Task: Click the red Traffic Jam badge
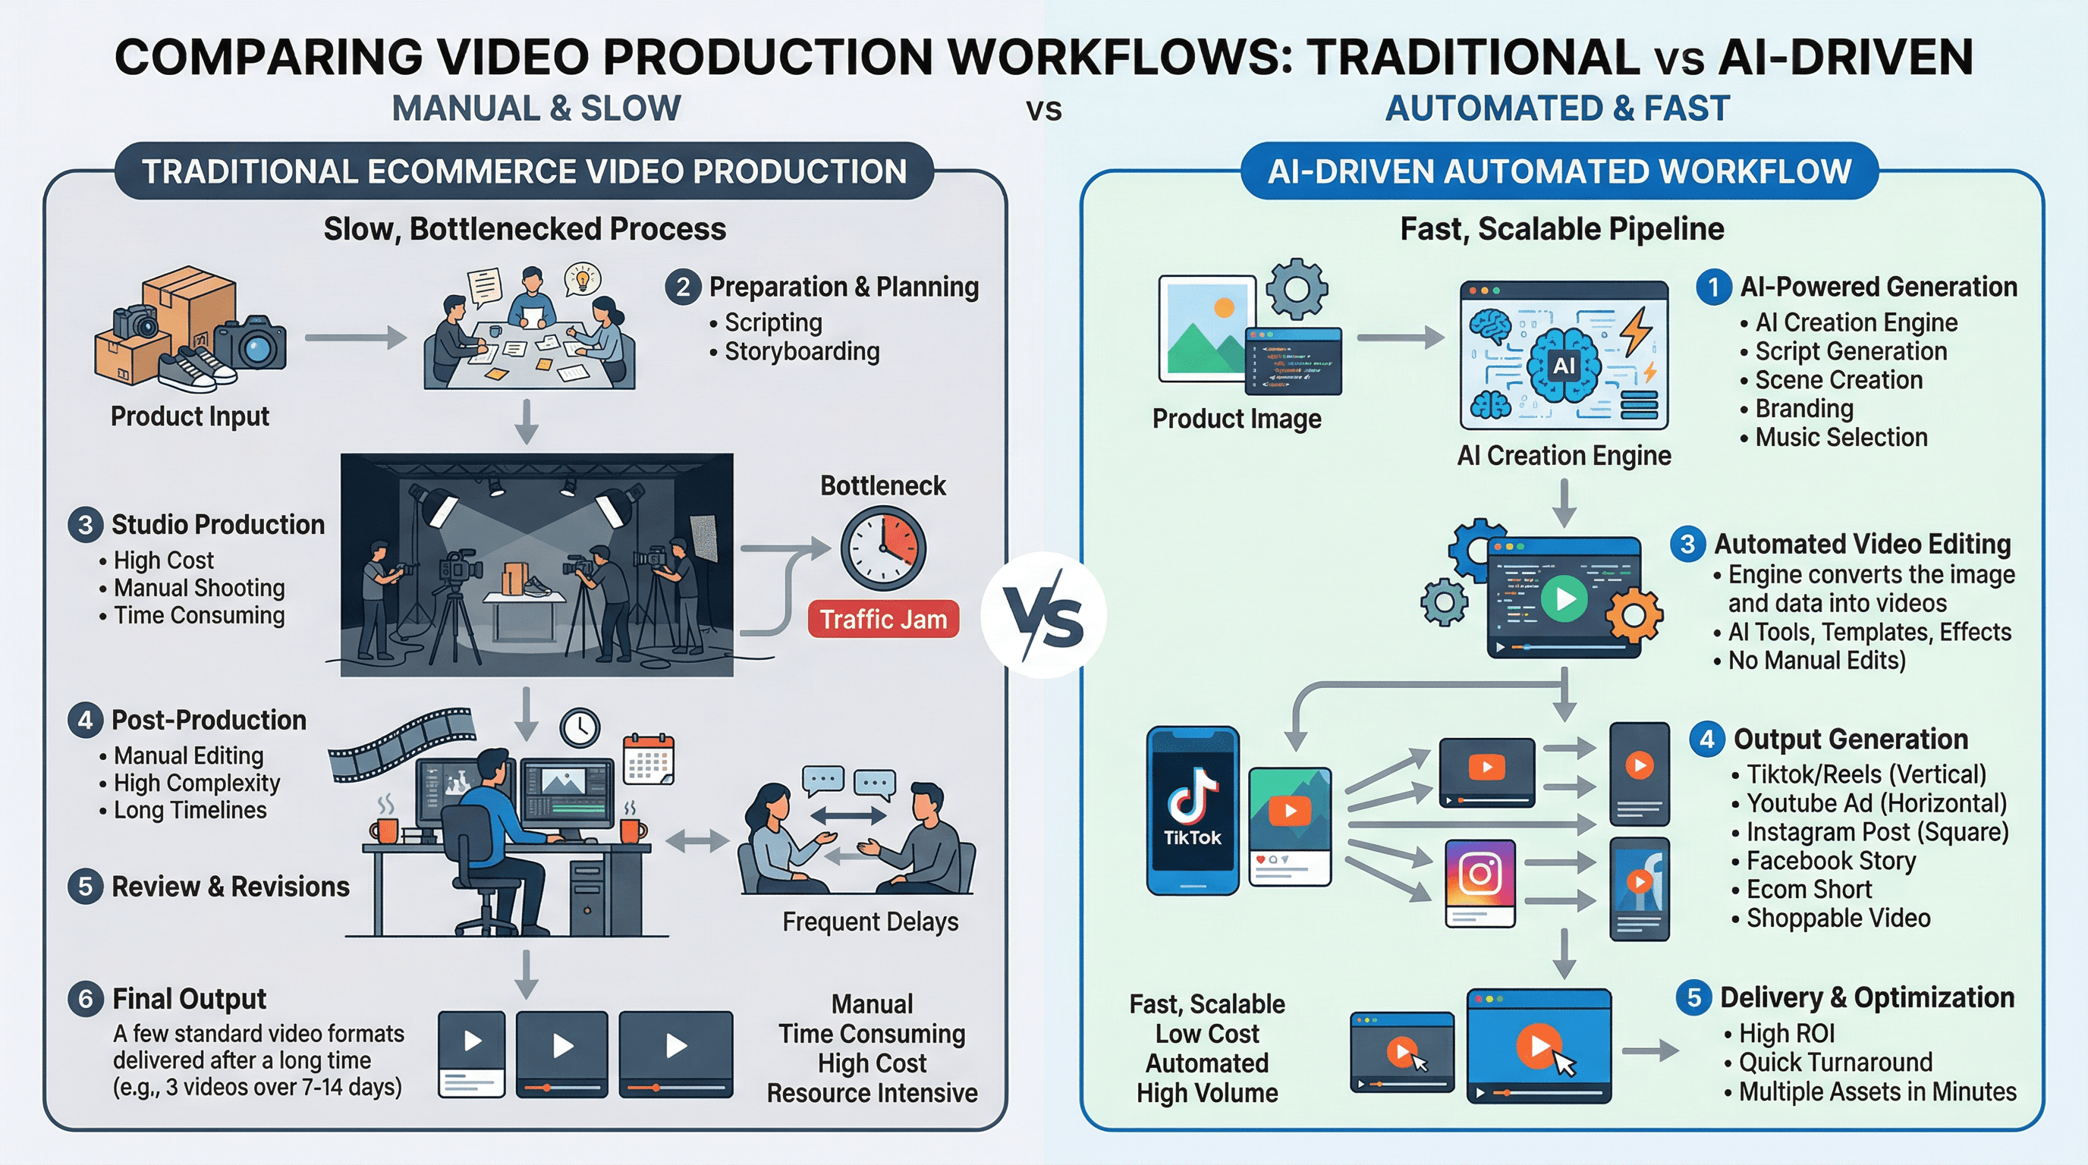[882, 620]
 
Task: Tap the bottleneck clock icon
[882, 549]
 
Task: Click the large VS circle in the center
[1043, 616]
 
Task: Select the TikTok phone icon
[1193, 810]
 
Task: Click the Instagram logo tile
[1480, 875]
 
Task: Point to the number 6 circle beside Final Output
[85, 999]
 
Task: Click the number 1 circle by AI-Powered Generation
[1713, 287]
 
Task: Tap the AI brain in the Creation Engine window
[1564, 366]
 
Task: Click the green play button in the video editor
[1564, 598]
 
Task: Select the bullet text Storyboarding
[801, 352]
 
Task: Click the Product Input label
[190, 416]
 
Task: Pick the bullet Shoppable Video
[1838, 918]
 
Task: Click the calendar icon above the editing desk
[649, 759]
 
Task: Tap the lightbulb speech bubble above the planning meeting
[583, 278]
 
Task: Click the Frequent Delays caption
[869, 922]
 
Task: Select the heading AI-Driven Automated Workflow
[1558, 171]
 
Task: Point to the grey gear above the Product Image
[1296, 288]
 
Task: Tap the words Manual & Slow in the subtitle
[536, 108]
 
